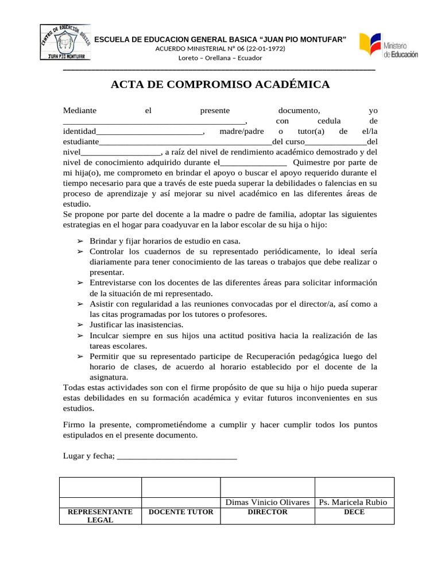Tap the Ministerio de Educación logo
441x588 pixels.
pyautogui.click(x=389, y=46)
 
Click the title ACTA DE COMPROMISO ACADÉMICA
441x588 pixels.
pyautogui.click(x=220, y=85)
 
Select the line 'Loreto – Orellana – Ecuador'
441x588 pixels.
pyautogui.click(x=220, y=58)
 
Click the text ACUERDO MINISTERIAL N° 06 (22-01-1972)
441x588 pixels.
pyautogui.click(x=220, y=48)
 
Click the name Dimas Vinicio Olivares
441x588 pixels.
pyautogui.click(x=268, y=502)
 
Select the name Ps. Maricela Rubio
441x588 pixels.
pyautogui.click(x=354, y=502)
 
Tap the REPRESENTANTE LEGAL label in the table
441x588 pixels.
pyautogui.click(x=100, y=516)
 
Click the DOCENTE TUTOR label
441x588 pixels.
pyautogui.click(x=181, y=512)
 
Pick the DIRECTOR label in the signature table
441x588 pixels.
pyautogui.click(x=268, y=512)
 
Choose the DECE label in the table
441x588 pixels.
pyautogui.click(x=354, y=512)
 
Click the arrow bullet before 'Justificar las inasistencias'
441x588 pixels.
pyautogui.click(x=81, y=325)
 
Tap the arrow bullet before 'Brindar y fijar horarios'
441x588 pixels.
pyautogui.click(x=81, y=241)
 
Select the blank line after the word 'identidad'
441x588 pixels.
pyautogui.click(x=149, y=131)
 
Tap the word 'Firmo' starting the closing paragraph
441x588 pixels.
pyautogui.click(x=73, y=425)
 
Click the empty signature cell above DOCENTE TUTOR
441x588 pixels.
pyautogui.click(x=181, y=487)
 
